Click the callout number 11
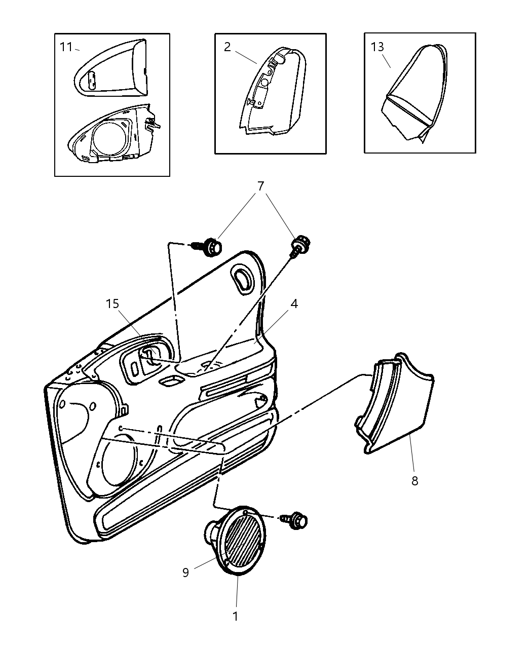pyautogui.click(x=65, y=47)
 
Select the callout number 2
pyautogui.click(x=227, y=47)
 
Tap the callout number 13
pyautogui.click(x=377, y=47)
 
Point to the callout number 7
pyautogui.click(x=260, y=186)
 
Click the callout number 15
pyautogui.click(x=112, y=304)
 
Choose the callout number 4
pyautogui.click(x=294, y=304)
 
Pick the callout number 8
pyautogui.click(x=414, y=481)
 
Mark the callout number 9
pyautogui.click(x=185, y=573)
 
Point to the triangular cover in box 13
pyautogui.click(x=414, y=93)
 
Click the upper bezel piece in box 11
pyautogui.click(x=111, y=68)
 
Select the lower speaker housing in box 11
pyautogui.click(x=114, y=134)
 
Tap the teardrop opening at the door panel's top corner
pyautogui.click(x=242, y=279)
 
